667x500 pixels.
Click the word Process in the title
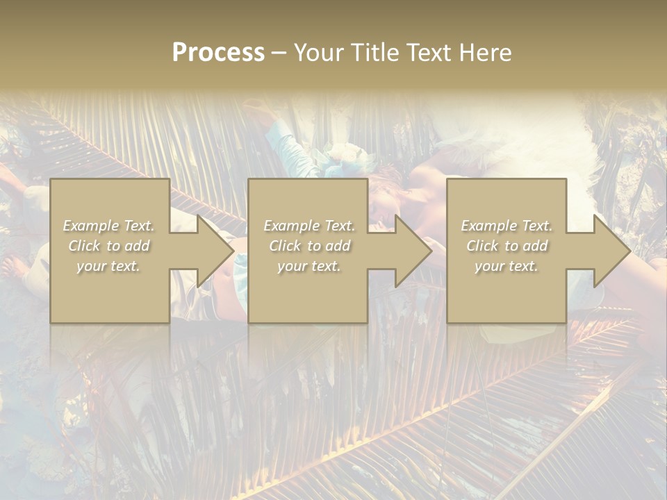218,53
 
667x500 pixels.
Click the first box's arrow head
215,251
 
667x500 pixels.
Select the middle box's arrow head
413,251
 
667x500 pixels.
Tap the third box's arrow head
611,251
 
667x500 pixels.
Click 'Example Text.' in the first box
109,226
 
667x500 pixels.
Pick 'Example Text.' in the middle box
309,226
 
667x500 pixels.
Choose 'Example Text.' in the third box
507,226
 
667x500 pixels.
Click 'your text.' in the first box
108,266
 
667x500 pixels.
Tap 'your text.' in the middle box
308,266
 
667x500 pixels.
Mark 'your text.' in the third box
506,266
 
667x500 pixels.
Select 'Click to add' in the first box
109,246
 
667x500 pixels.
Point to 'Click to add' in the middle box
309,246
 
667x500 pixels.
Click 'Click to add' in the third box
507,246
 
